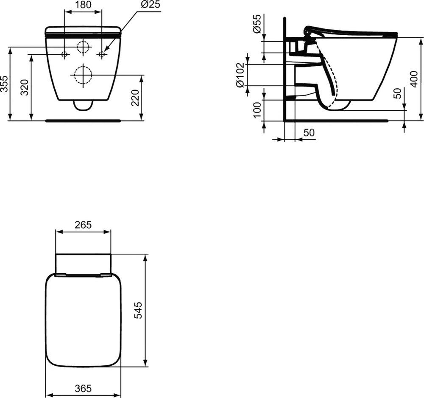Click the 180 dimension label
pos(83,5)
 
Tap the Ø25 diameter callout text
pos(150,4)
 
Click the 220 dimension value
pos(135,98)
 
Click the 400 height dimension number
pos(414,79)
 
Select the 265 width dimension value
pos(83,225)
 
